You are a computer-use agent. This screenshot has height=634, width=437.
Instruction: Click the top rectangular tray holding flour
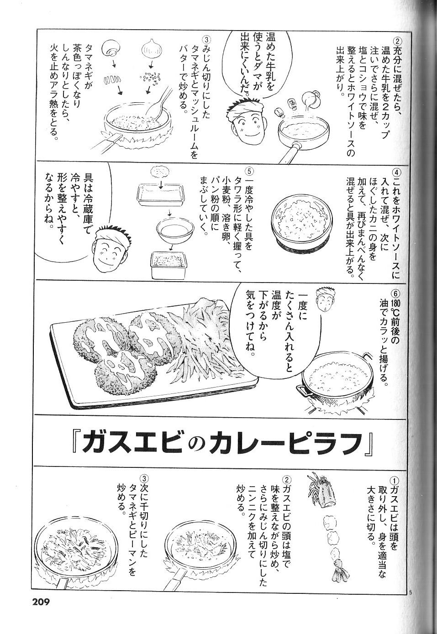(x=161, y=194)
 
